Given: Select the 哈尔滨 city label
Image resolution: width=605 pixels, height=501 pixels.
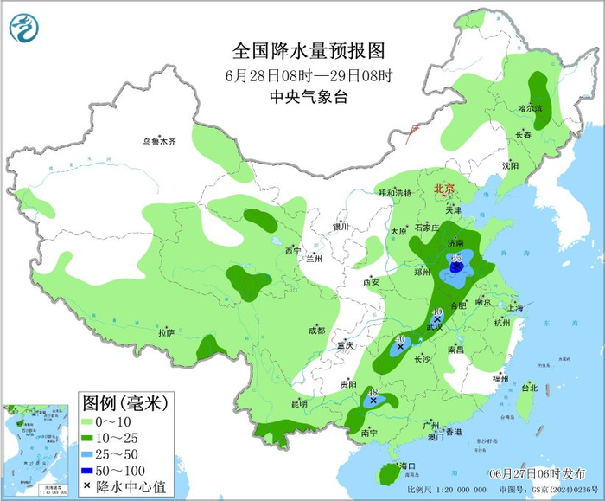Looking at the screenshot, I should (529, 109).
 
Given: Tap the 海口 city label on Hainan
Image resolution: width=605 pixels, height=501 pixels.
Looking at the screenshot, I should (406, 466).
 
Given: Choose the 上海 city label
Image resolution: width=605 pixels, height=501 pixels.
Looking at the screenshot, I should (515, 307).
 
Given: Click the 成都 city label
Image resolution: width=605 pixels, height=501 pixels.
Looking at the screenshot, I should (316, 330).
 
